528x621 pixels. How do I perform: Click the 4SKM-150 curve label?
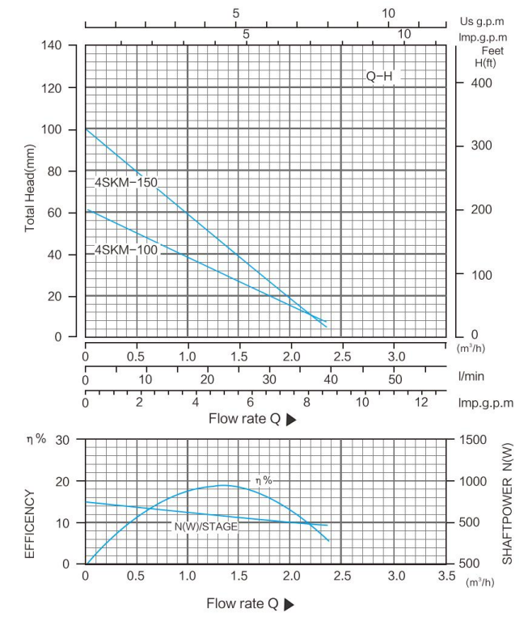[126, 183]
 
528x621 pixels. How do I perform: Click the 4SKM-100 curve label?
[126, 250]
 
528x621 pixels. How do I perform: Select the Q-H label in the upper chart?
[379, 77]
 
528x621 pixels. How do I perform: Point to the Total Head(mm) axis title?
[30, 190]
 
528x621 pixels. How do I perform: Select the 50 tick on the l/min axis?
[395, 379]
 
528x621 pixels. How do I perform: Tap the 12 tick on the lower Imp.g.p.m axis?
[419, 401]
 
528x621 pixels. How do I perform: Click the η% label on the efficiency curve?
[264, 480]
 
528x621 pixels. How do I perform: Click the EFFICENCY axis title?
[30, 523]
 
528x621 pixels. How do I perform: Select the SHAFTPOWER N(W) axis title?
[508, 503]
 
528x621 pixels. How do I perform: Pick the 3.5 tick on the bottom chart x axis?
[446, 577]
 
